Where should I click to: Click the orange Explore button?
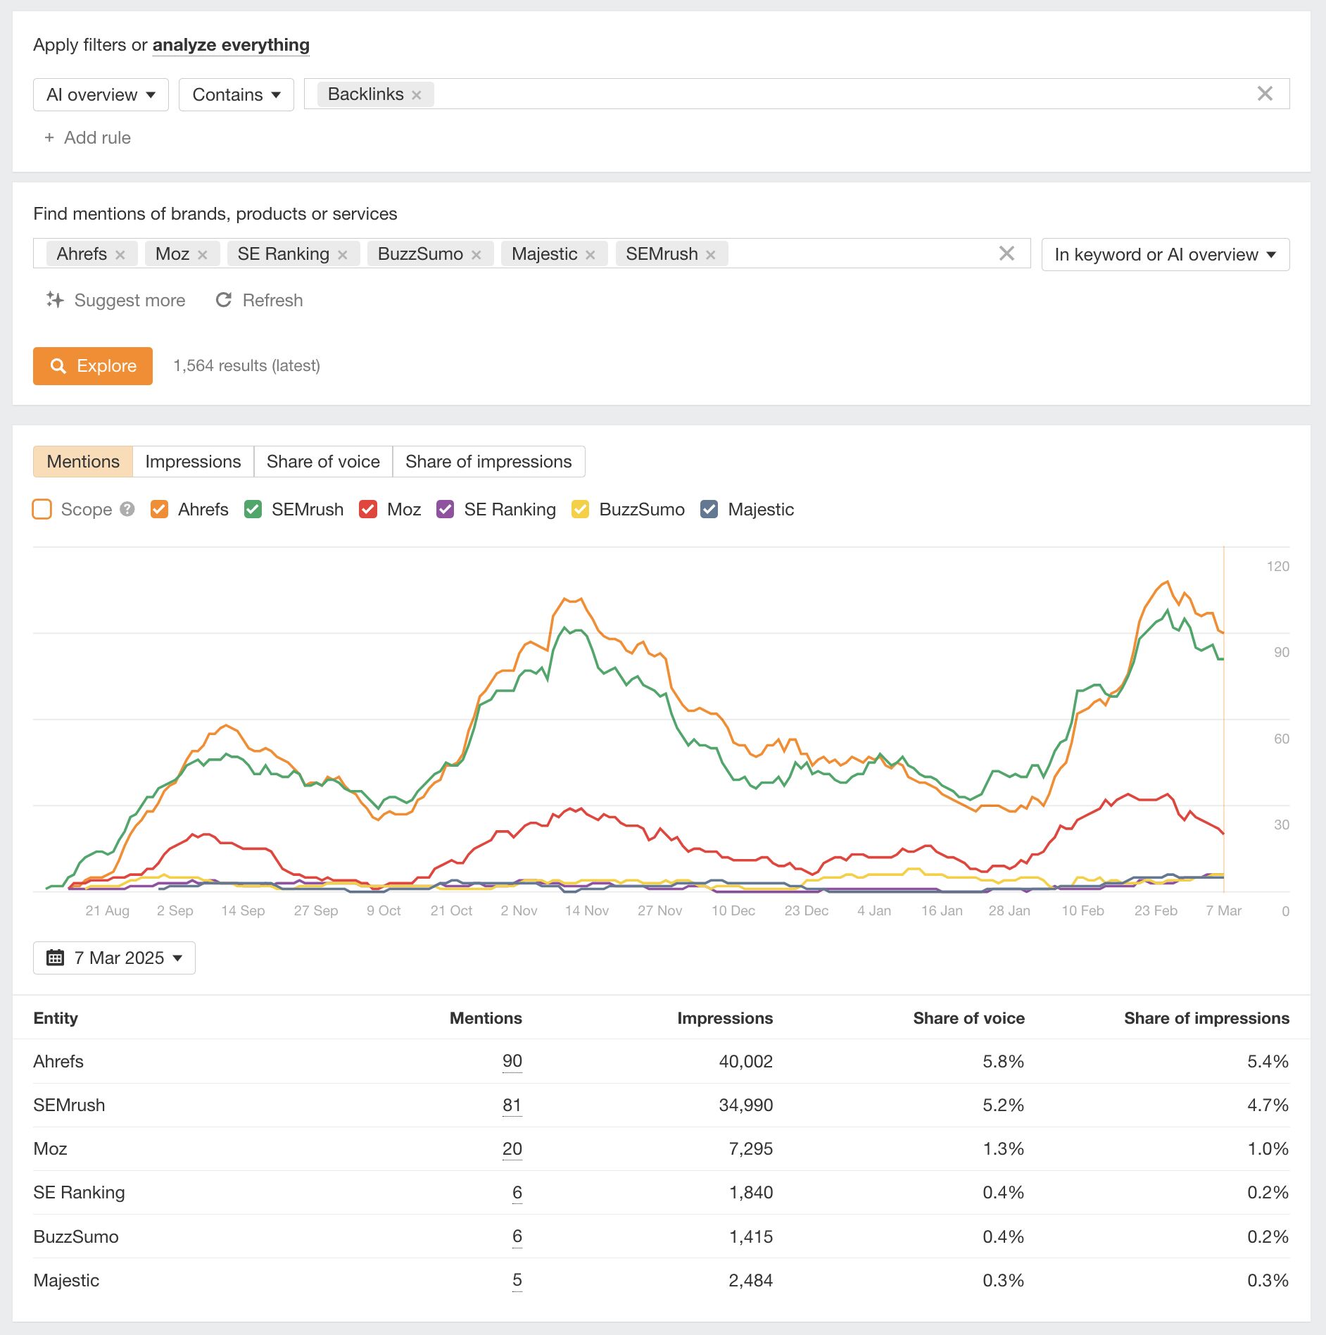click(x=93, y=366)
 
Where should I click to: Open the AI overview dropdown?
click(x=101, y=95)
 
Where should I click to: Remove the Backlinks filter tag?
click(x=417, y=95)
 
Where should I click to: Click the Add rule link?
click(x=88, y=138)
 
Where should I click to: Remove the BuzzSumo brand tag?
click(x=476, y=255)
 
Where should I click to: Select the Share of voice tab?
click(x=323, y=462)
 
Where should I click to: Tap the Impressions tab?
click(x=193, y=462)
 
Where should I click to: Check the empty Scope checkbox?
click(x=42, y=509)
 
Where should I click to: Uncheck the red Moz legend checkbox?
click(x=368, y=509)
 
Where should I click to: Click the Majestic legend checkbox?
click(x=709, y=509)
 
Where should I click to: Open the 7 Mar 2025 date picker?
click(x=114, y=958)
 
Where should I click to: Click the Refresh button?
click(x=259, y=301)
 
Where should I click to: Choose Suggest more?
click(x=116, y=301)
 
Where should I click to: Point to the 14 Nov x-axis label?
click(x=586, y=910)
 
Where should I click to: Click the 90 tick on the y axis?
click(x=1281, y=653)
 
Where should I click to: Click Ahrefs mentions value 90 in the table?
click(x=512, y=1061)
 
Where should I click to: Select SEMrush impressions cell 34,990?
click(x=745, y=1105)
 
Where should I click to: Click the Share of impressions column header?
click(x=1206, y=1018)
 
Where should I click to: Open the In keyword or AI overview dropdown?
click(x=1165, y=255)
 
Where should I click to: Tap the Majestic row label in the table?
click(x=66, y=1280)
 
